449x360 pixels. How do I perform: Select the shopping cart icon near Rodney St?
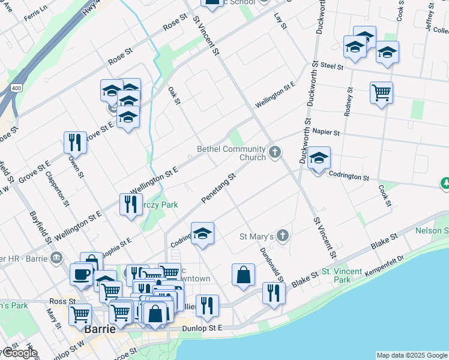[382, 93]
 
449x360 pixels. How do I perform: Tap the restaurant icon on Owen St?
[76, 143]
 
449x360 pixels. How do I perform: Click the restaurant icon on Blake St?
[274, 293]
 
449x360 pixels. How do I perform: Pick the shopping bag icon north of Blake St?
[244, 275]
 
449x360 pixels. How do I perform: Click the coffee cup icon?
[81, 275]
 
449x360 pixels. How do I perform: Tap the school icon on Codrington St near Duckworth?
[319, 158]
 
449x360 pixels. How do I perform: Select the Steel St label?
[331, 65]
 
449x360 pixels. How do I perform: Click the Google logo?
[20, 353]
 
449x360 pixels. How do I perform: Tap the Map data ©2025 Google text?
[412, 355]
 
